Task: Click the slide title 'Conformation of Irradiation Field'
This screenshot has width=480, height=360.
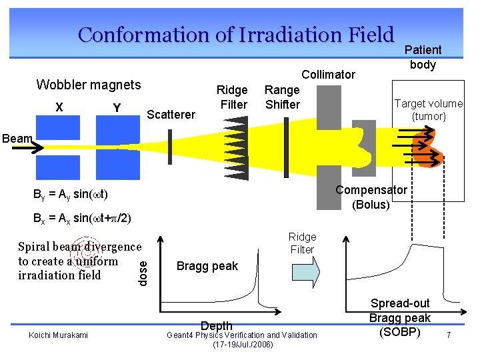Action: [236, 34]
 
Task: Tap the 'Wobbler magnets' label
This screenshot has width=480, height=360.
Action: [89, 85]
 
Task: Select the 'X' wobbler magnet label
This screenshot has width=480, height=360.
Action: [59, 107]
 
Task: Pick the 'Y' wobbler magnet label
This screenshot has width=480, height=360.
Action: [117, 107]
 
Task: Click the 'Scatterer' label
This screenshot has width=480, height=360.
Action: [171, 115]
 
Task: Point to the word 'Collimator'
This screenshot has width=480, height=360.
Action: [329, 75]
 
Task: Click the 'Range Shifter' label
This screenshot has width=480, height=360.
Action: [282, 97]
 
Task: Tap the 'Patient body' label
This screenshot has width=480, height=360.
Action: [423, 57]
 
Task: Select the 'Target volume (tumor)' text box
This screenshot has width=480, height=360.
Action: [429, 110]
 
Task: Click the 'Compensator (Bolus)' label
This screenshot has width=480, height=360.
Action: [371, 197]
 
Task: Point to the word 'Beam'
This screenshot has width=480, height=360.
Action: [17, 139]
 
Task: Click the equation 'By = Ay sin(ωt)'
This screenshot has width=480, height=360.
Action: [71, 194]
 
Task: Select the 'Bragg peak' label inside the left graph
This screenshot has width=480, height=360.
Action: [207, 266]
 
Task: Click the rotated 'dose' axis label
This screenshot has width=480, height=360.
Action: [143, 271]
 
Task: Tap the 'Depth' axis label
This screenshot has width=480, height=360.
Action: [217, 325]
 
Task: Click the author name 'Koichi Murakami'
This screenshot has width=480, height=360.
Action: [58, 335]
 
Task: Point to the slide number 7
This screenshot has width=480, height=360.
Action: [449, 335]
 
